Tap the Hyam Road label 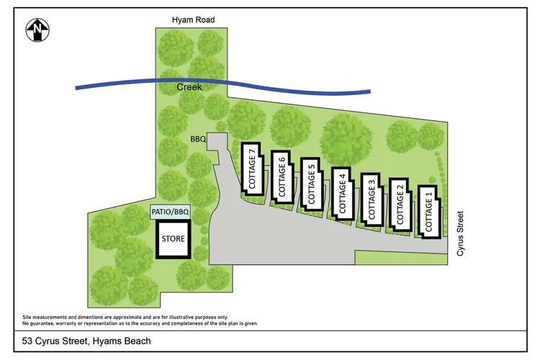click(193, 19)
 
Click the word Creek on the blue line click(189, 87)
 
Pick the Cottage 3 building click(372, 199)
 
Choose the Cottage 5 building click(311, 184)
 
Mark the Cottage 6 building click(282, 176)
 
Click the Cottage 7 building click(252, 168)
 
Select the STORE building click(173, 238)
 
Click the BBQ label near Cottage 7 click(199, 138)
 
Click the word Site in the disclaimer click(27, 317)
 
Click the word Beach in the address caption click(138, 341)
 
